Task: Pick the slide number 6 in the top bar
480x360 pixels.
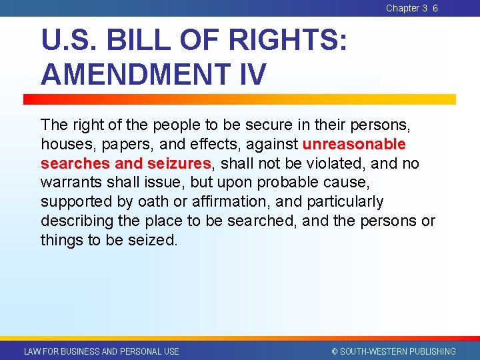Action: pos(435,8)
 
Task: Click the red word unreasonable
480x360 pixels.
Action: pos(354,144)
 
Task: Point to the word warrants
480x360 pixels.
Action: pos(68,182)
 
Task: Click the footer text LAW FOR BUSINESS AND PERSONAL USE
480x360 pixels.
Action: pos(101,351)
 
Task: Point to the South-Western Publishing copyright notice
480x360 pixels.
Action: pos(393,351)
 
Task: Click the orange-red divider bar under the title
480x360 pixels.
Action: pos(240,99)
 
